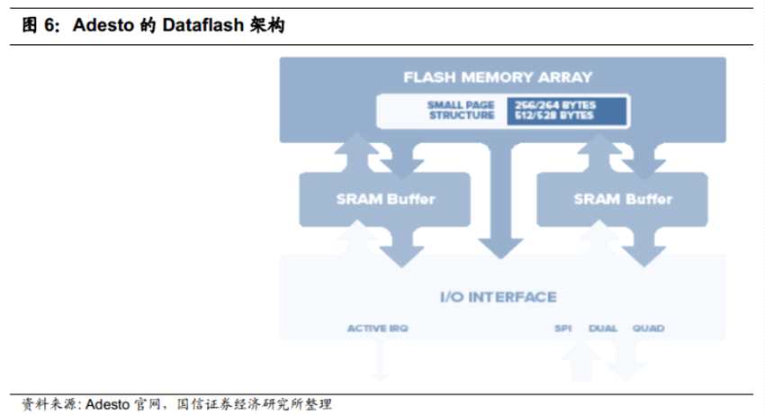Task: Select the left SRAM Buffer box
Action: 385,199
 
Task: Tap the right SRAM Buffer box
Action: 623,199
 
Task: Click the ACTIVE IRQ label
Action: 378,329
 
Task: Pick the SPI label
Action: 563,329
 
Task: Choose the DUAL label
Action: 603,329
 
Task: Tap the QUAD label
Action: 648,329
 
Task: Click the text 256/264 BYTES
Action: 555,105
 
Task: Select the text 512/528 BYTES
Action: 555,116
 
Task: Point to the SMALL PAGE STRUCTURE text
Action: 461,111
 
